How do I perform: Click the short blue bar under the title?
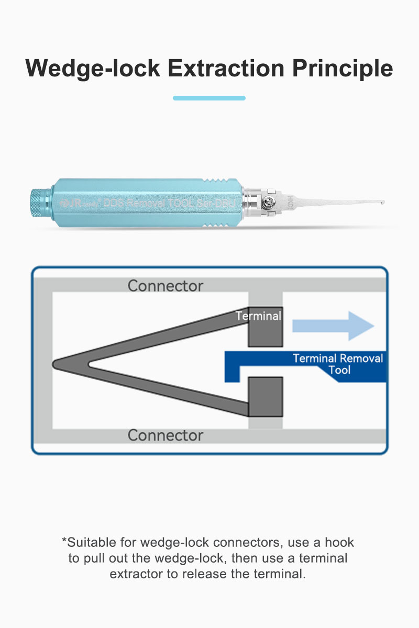209,98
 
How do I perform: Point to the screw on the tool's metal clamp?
270,203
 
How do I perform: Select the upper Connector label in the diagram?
165,286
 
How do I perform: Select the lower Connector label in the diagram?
165,435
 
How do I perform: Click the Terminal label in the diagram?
258,316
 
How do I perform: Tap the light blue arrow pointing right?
333,326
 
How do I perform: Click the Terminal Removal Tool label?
338,364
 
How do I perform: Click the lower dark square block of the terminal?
265,396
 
